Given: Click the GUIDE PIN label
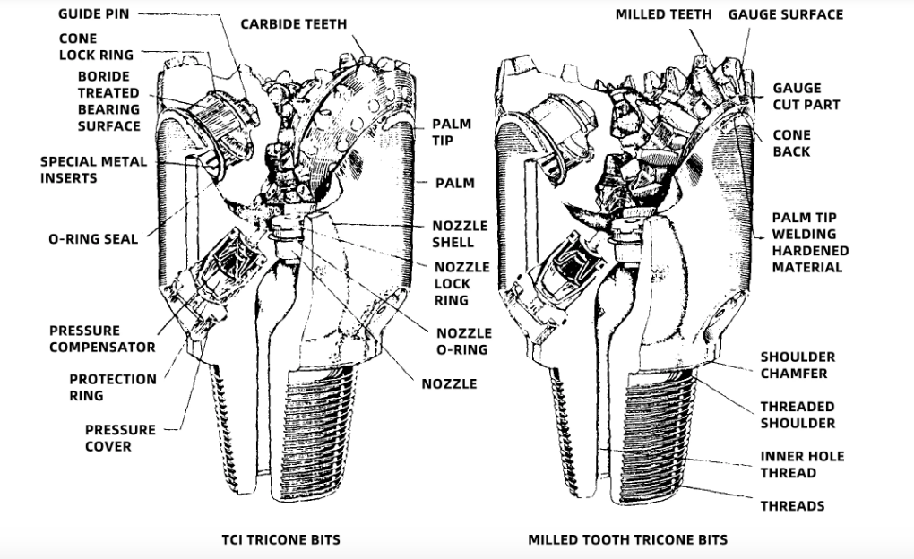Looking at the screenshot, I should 93,14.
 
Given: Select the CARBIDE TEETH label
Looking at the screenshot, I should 294,23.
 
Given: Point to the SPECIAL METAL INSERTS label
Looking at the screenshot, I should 82,169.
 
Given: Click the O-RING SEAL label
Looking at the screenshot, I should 93,239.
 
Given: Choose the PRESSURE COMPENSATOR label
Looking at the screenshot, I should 102,339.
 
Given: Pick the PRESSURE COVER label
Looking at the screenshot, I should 120,438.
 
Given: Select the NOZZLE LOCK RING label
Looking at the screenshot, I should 461,284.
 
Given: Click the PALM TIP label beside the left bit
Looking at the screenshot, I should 452,132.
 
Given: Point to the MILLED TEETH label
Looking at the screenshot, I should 664,14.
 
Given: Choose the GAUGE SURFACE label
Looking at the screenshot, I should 785,14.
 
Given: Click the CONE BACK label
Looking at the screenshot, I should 791,143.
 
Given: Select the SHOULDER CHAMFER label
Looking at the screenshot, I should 798,365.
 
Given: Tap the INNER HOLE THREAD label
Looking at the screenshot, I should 802,464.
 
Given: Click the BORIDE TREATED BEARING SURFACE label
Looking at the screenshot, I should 108,101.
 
